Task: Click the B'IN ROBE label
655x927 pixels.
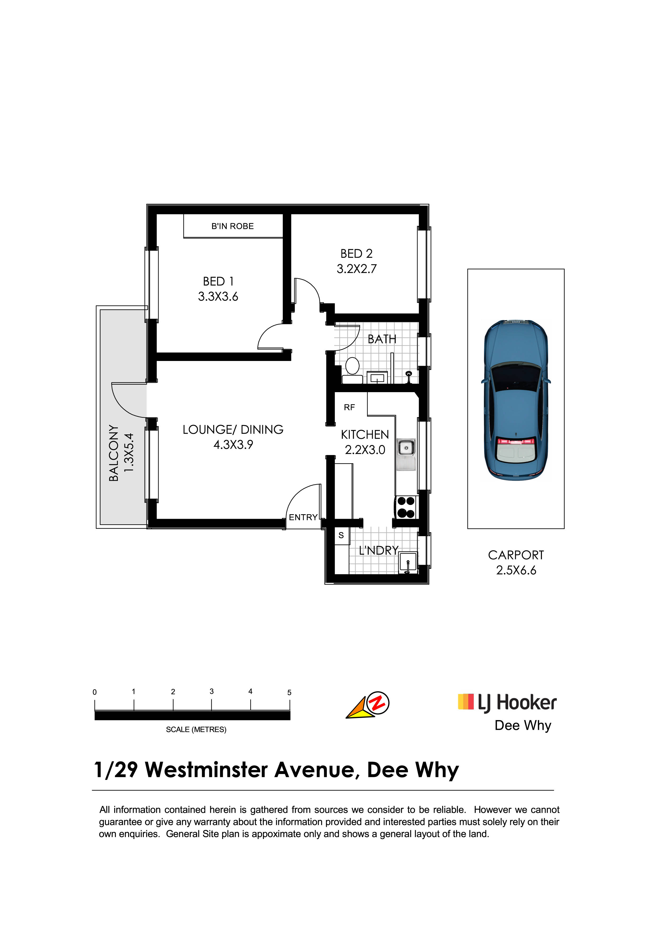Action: (233, 226)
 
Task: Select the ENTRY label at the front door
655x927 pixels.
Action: (303, 517)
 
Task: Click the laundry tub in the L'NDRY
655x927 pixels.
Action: (408, 562)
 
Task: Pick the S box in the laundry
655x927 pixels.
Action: (341, 536)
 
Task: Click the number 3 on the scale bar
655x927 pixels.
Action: (211, 691)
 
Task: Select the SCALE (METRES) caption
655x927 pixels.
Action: (196, 730)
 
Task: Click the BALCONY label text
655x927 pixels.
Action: (114, 453)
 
